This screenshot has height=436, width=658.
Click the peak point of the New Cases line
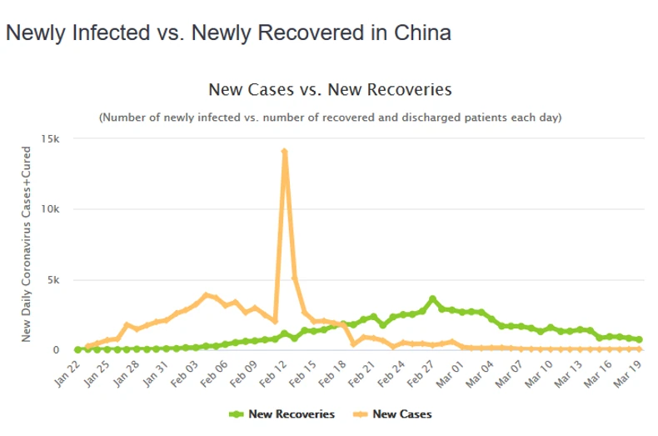(x=285, y=152)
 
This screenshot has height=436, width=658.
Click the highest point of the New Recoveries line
(x=432, y=298)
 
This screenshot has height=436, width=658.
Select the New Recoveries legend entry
(x=282, y=413)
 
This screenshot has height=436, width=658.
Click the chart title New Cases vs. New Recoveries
(x=329, y=89)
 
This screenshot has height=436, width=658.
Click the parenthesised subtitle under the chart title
(x=330, y=118)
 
